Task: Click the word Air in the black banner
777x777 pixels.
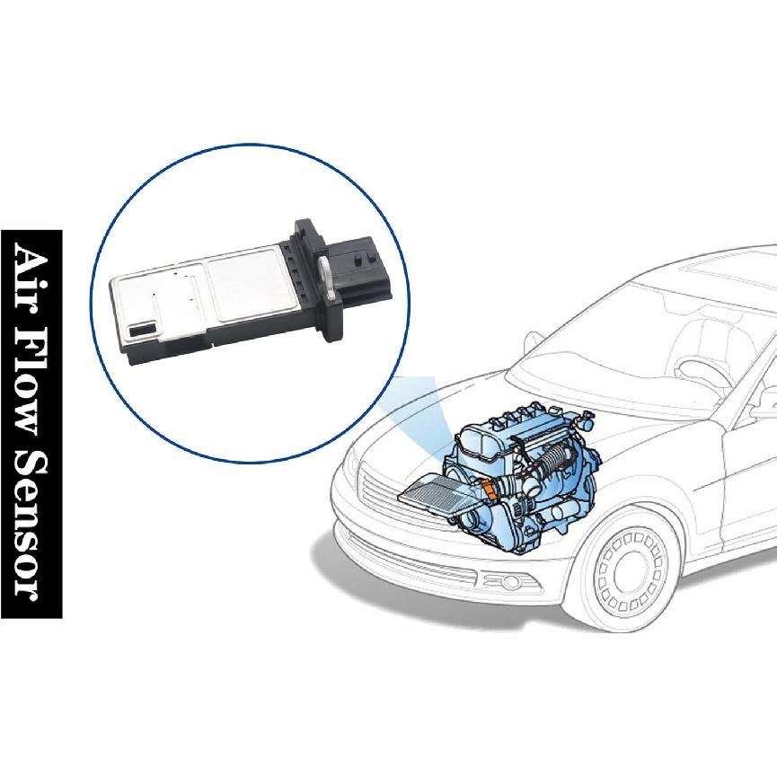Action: point(31,273)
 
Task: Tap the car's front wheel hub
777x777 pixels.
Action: point(632,570)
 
